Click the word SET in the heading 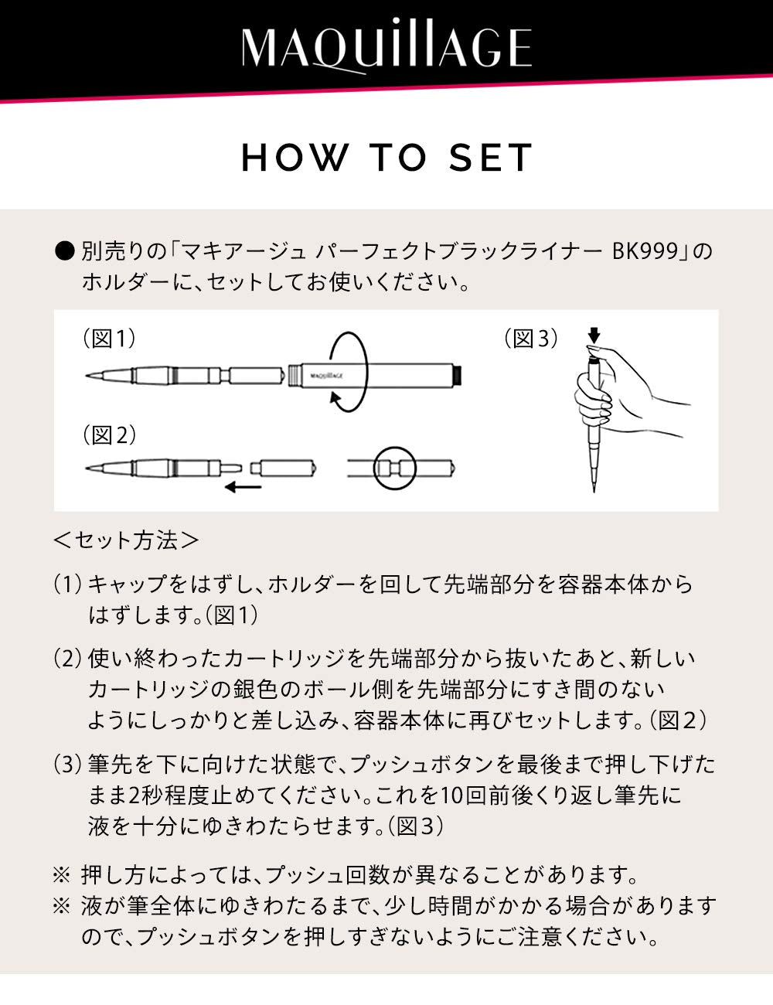tap(491, 158)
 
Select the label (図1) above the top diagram tap(109, 338)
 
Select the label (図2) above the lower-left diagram tap(109, 435)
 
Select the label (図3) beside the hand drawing tap(531, 338)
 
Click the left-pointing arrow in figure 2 tap(243, 487)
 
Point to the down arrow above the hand tap(593, 336)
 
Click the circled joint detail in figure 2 tap(395, 468)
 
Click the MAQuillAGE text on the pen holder tap(325, 374)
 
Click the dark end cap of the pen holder tap(457, 374)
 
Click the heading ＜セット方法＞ tap(126, 540)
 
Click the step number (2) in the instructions tap(67, 659)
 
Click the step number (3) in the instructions tap(67, 765)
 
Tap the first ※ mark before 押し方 tap(62, 875)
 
